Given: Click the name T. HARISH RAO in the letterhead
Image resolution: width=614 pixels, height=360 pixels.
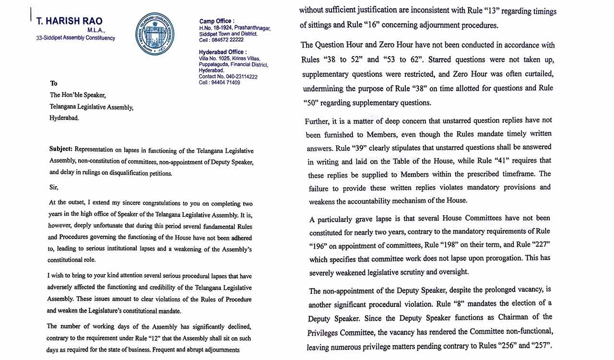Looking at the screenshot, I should coord(69,22).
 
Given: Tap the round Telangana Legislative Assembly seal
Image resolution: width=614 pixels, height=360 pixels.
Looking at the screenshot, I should coord(154,34).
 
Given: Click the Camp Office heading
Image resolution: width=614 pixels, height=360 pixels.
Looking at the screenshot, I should coord(217,21).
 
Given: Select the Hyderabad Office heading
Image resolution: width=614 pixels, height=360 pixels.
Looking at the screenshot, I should coord(223,52).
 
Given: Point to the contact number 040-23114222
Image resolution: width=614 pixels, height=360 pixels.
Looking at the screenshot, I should coord(241,77).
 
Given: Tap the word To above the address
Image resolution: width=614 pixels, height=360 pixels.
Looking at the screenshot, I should coord(54,84).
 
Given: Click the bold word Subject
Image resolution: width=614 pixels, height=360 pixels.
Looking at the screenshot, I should coord(61,149).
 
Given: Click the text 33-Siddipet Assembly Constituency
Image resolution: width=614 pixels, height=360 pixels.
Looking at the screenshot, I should coord(75,38).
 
